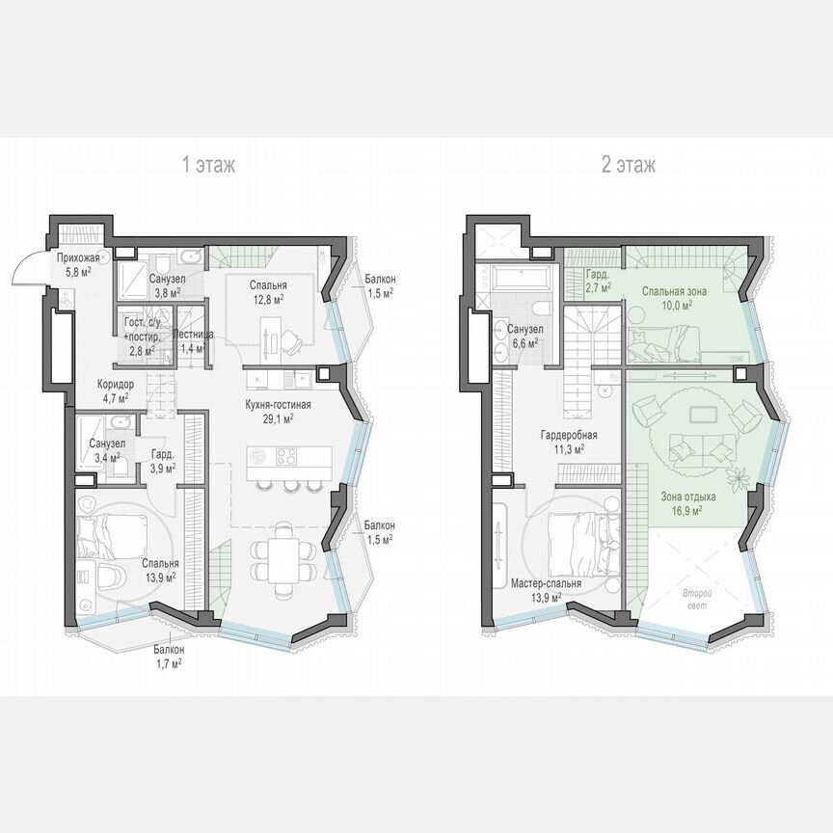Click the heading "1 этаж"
click(x=209, y=166)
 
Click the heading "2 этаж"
click(x=629, y=166)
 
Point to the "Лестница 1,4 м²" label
click(x=189, y=340)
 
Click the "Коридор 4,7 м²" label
click(x=116, y=390)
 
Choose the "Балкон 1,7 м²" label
click(x=167, y=657)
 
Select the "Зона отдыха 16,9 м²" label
click(x=687, y=505)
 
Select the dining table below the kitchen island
click(x=284, y=556)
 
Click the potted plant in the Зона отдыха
click(x=738, y=475)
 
